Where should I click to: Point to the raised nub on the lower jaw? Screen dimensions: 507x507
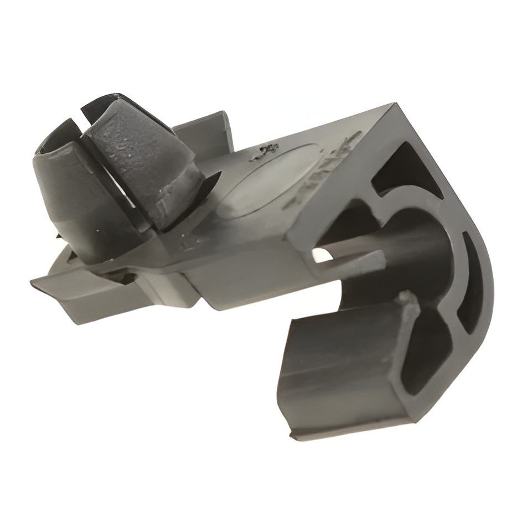[x=408, y=302]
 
